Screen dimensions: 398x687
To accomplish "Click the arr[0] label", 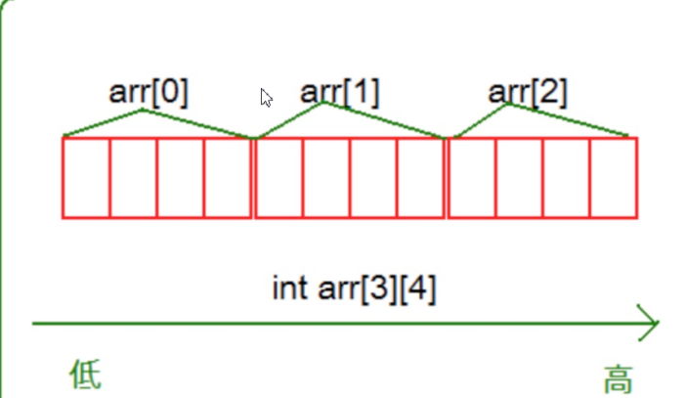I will pyautogui.click(x=148, y=93).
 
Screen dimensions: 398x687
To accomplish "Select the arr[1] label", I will pyautogui.click(x=339, y=93).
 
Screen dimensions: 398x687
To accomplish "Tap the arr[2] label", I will pyautogui.click(x=527, y=93).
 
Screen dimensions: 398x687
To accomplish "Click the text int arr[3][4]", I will pyautogui.click(x=354, y=289).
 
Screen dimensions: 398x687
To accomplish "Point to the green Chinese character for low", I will pyautogui.click(x=86, y=375).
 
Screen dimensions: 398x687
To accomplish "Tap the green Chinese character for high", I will pyautogui.click(x=618, y=378).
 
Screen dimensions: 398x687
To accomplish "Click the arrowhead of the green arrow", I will pyautogui.click(x=648, y=323).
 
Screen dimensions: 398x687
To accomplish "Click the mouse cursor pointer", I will pyautogui.click(x=266, y=98).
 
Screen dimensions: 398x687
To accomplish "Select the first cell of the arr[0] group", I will pyautogui.click(x=86, y=178).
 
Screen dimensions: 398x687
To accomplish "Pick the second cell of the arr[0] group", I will pyautogui.click(x=134, y=178).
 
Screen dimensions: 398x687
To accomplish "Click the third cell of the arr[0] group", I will pyautogui.click(x=181, y=178).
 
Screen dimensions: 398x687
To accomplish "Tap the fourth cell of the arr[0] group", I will pyautogui.click(x=228, y=178).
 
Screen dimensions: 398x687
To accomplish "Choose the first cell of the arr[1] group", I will pyautogui.click(x=279, y=178).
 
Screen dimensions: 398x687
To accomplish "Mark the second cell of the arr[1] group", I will pyautogui.click(x=326, y=178).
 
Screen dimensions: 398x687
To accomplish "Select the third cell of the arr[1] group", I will pyautogui.click(x=373, y=178).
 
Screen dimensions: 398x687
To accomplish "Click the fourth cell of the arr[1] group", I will pyautogui.click(x=420, y=178).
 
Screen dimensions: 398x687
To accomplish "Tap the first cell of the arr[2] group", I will pyautogui.click(x=472, y=178).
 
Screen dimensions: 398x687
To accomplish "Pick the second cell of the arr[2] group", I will pyautogui.click(x=519, y=178).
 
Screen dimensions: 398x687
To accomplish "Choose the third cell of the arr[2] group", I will pyautogui.click(x=566, y=178).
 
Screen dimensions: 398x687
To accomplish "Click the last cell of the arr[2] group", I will pyautogui.click(x=613, y=178).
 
